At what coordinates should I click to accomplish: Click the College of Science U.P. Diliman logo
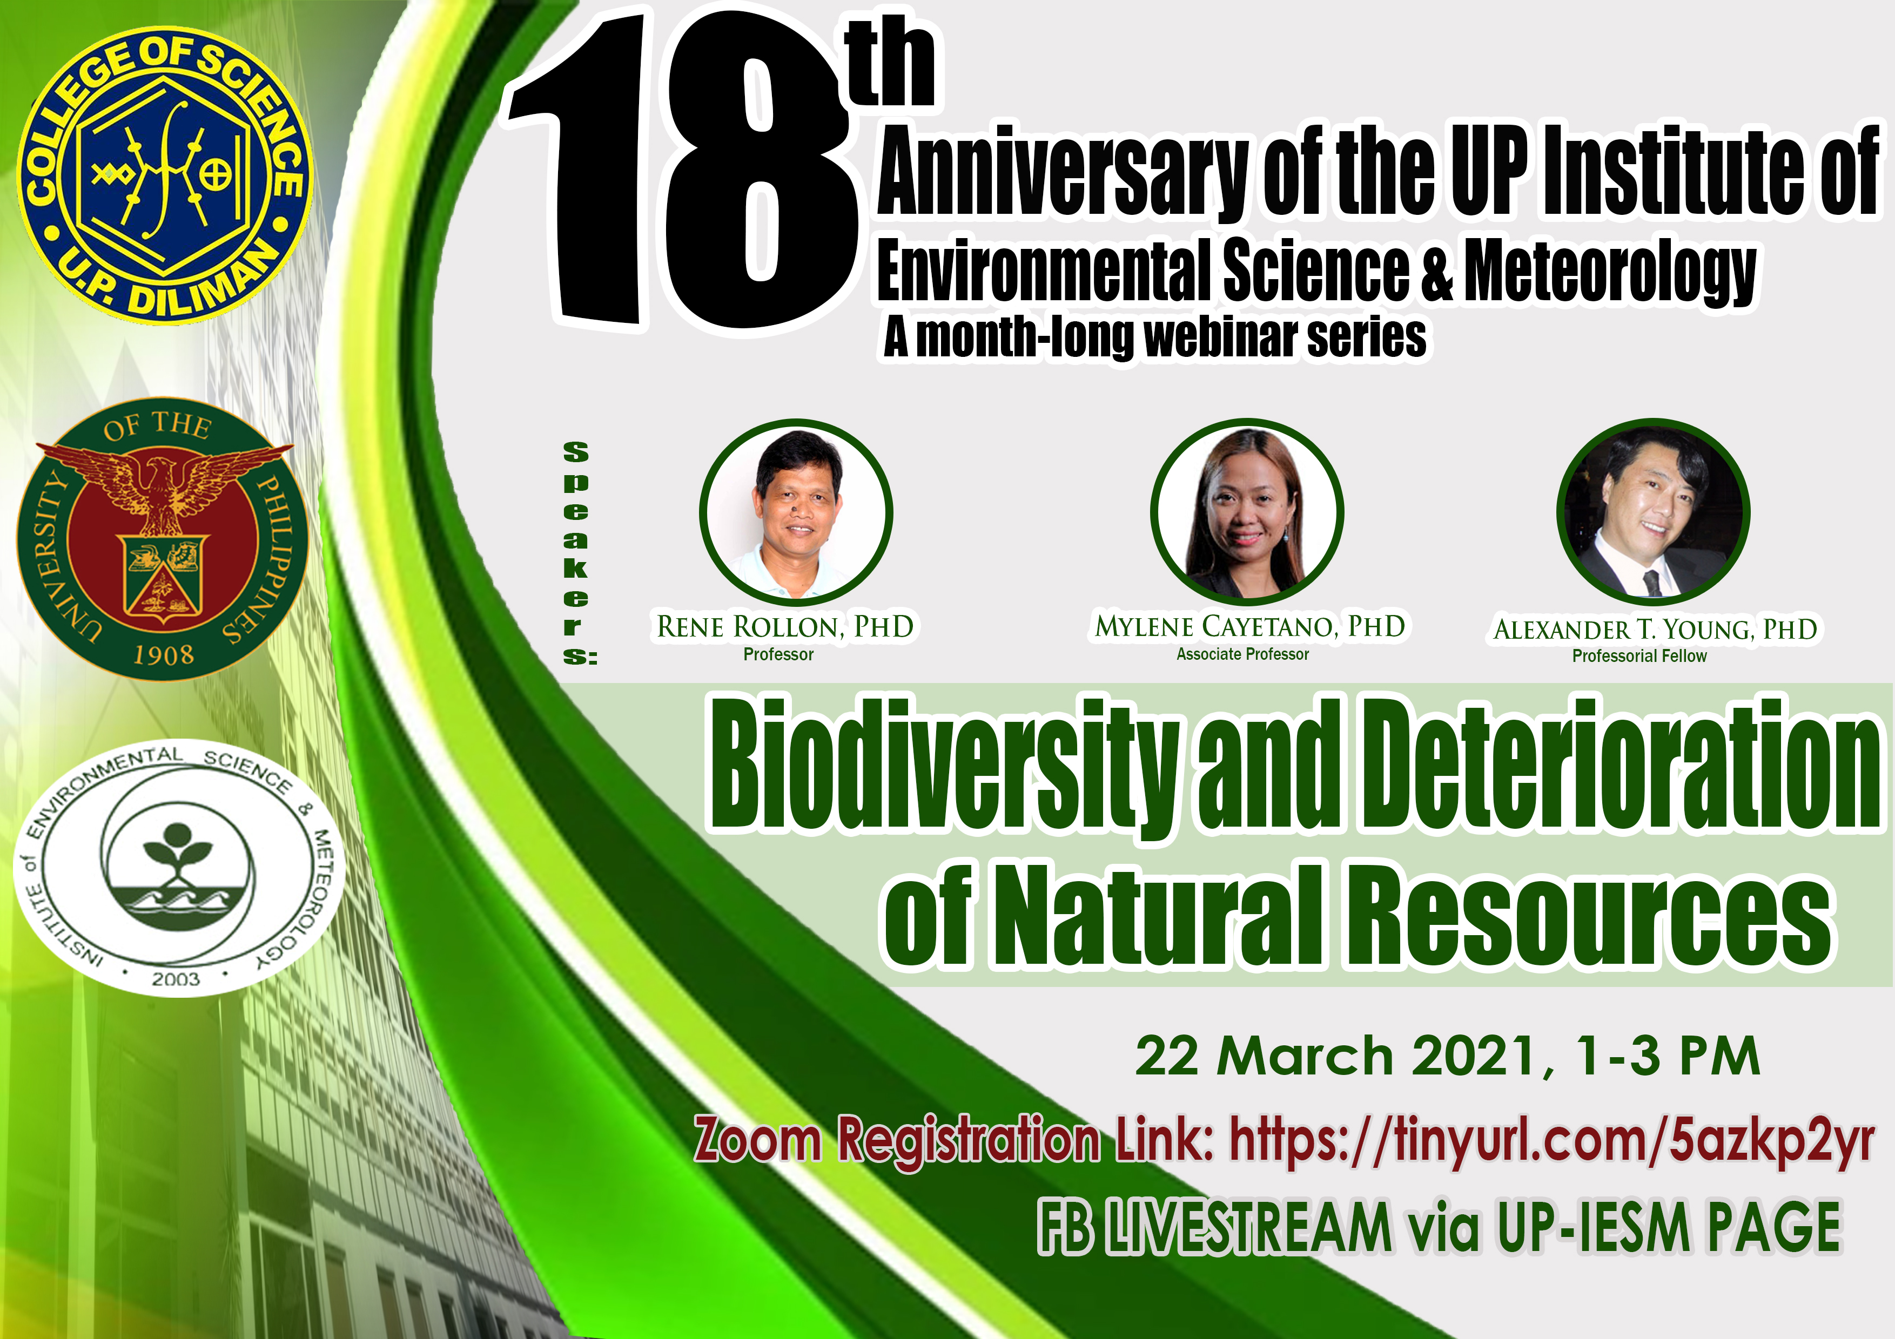tap(166, 175)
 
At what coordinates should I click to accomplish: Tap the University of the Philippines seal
tap(163, 541)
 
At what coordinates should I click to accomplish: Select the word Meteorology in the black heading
tap(1609, 272)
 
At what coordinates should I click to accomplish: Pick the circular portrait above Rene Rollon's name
tap(796, 512)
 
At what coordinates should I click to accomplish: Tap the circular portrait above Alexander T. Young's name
tap(1653, 512)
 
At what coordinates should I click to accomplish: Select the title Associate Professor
tap(1242, 654)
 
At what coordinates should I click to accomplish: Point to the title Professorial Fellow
tap(1639, 656)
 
